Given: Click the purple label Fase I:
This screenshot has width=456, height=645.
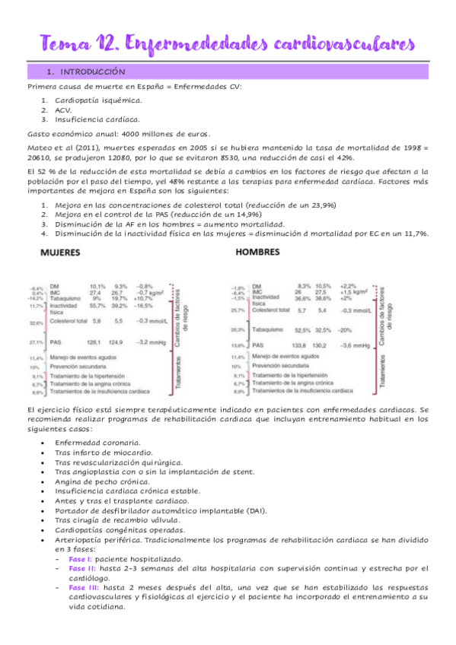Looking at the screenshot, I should pyautogui.click(x=81, y=558).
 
